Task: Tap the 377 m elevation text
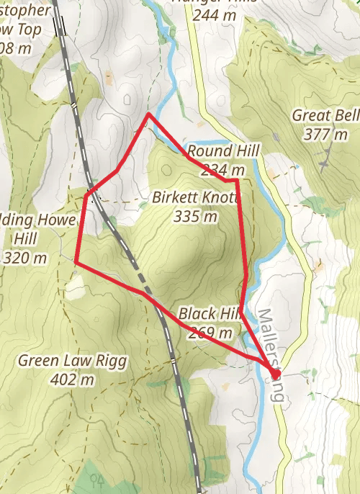coord(325,135)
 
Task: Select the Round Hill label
coord(221,151)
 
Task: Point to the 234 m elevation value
coord(223,170)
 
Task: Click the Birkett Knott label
coord(194,197)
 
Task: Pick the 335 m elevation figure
coord(195,215)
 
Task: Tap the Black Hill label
coord(208,314)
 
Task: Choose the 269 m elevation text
coord(210,333)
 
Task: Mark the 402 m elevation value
coord(73,379)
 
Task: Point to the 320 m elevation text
coord(25,257)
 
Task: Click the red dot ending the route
coord(276,373)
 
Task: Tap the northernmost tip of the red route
coord(149,114)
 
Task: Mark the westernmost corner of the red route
coord(75,264)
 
